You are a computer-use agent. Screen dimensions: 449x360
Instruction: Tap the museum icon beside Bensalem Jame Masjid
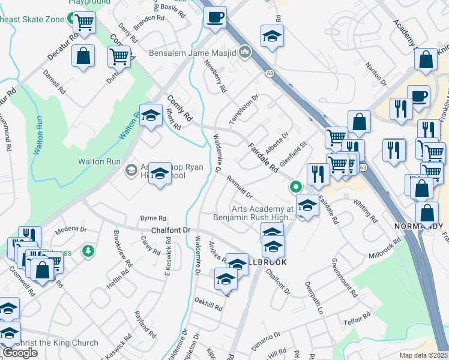[x=244, y=52]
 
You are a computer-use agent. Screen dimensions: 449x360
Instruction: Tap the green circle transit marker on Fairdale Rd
[x=295, y=187]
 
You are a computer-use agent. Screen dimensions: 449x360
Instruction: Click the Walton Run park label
[x=99, y=161]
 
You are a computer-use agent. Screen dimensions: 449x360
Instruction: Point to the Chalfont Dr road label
[x=170, y=230]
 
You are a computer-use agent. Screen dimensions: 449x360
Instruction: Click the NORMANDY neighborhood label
[x=418, y=226]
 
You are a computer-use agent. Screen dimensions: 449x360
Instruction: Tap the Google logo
[x=20, y=353]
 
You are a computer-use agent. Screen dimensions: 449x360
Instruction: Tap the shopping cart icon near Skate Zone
[x=84, y=23]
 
